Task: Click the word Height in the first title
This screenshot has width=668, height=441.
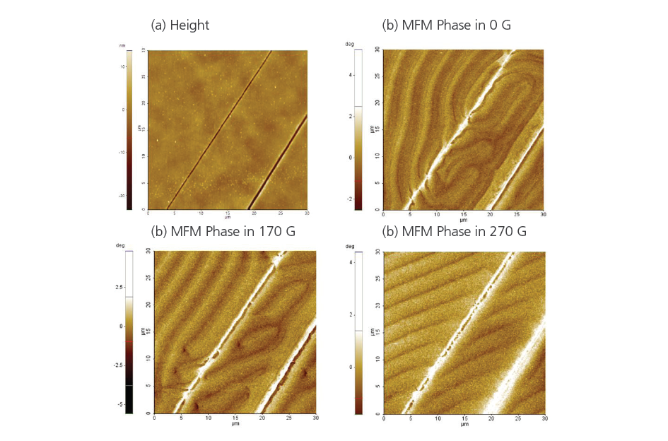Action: [x=189, y=25]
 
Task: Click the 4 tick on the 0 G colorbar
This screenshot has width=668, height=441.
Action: [x=350, y=73]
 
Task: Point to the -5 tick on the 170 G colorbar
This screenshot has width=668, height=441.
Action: [x=120, y=404]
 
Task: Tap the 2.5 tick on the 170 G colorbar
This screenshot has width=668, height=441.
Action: [x=119, y=287]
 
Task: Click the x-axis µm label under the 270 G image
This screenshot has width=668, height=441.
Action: [x=464, y=424]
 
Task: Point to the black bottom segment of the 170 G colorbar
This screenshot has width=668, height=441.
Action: [x=129, y=399]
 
